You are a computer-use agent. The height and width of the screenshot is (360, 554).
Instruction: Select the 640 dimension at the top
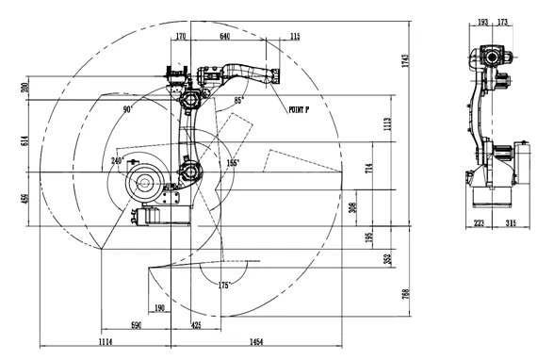click(225, 36)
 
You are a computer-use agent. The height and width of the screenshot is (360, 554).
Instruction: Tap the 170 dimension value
click(181, 36)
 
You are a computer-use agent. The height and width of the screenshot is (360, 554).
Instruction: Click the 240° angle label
click(118, 161)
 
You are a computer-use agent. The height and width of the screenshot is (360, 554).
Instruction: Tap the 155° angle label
click(232, 162)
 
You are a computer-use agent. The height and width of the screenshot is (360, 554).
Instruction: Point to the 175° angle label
click(224, 284)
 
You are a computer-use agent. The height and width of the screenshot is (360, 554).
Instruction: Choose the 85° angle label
click(239, 99)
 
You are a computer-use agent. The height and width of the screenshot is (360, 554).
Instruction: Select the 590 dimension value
click(136, 325)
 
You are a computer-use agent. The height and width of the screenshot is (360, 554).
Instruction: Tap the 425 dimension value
click(196, 325)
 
